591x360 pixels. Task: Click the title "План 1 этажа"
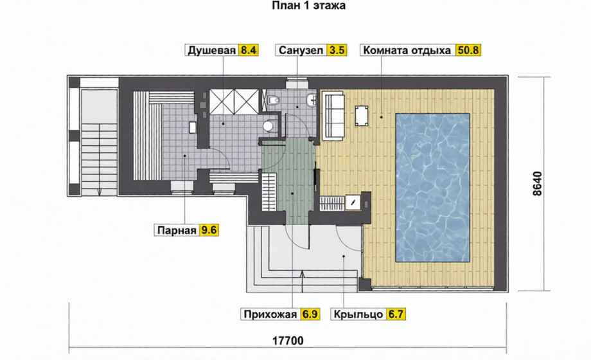(308, 6)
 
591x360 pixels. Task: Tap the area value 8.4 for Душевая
(248, 50)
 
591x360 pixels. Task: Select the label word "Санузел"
(301, 50)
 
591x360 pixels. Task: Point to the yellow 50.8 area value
(468, 50)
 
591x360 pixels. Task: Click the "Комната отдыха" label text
(407, 50)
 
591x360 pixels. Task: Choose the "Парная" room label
(177, 230)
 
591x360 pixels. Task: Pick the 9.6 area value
(209, 230)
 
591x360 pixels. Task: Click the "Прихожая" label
(270, 314)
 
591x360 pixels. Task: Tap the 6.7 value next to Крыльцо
(396, 314)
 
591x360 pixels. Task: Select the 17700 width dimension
(288, 341)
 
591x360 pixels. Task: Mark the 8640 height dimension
(537, 184)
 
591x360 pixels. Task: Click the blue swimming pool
(432, 188)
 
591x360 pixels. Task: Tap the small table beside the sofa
(362, 116)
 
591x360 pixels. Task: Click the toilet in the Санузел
(273, 100)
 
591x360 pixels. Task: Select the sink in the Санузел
(312, 100)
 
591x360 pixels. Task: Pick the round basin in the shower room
(269, 125)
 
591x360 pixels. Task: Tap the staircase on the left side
(99, 159)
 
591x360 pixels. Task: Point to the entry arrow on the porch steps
(303, 281)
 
